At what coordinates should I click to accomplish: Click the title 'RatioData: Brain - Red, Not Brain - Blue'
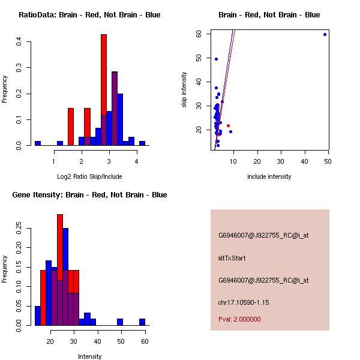89,14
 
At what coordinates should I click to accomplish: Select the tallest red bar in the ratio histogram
104,90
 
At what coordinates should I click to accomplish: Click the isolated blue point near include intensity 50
325,34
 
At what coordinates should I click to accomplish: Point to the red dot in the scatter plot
228,125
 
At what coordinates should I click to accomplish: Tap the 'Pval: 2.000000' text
239,319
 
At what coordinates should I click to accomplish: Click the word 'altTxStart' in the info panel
232,258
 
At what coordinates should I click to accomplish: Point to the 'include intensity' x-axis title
269,176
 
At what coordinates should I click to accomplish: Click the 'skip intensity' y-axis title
185,90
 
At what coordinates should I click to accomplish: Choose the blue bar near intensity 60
142,322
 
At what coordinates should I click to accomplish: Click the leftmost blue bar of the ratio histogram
37,143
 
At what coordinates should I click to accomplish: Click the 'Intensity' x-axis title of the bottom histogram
89,356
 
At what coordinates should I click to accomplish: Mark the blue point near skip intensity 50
216,59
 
